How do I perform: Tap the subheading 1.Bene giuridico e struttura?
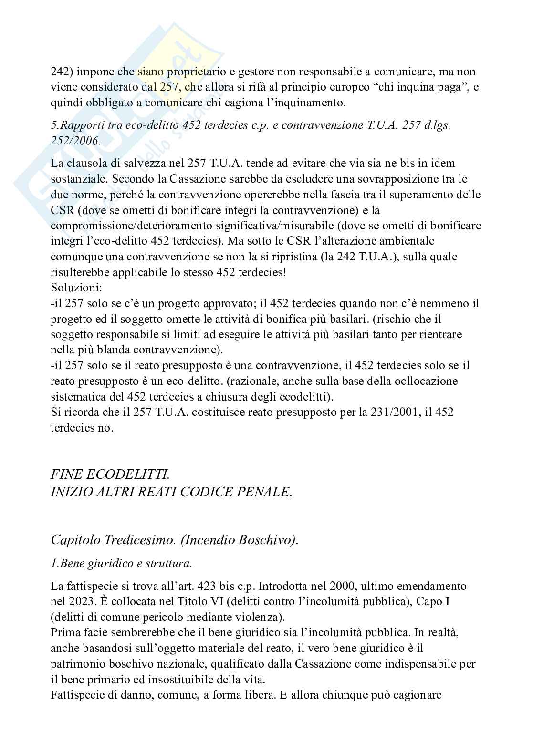[121, 563]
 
